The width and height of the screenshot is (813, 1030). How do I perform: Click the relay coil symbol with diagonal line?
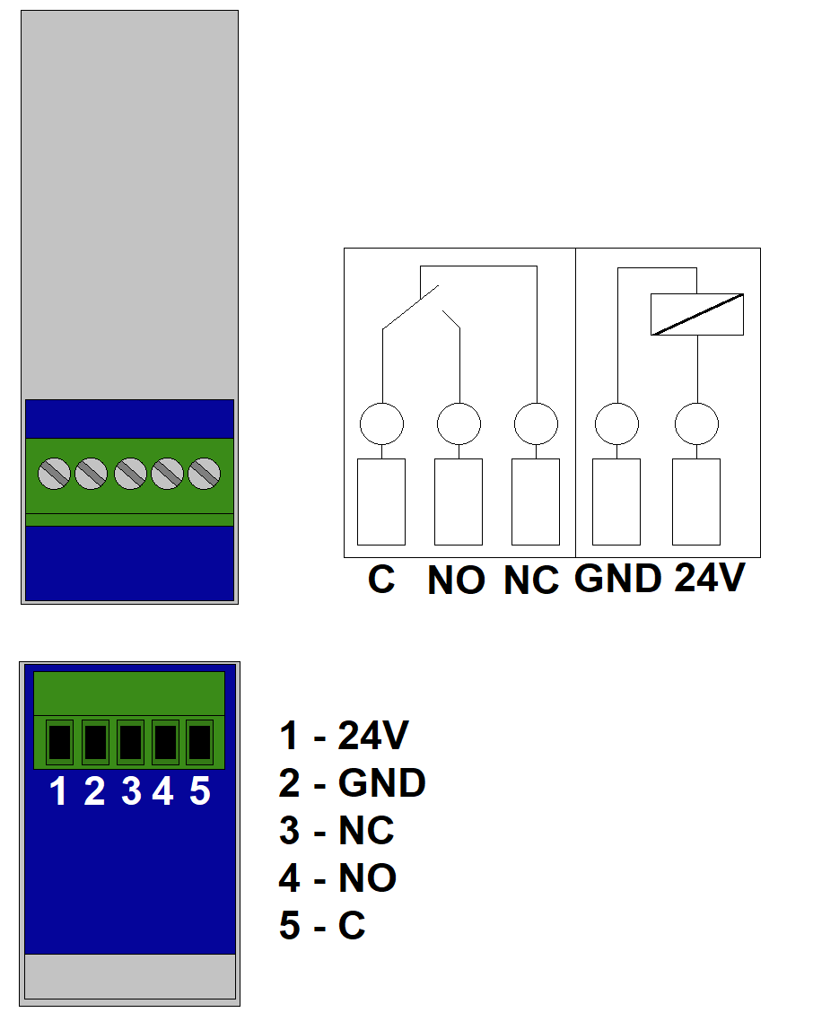coord(697,315)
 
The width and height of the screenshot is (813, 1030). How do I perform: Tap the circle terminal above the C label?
coord(381,423)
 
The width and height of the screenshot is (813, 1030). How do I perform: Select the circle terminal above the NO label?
coord(459,423)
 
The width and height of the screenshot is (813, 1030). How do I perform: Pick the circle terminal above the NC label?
coord(536,423)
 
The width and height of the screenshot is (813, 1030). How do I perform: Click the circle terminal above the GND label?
coord(617,423)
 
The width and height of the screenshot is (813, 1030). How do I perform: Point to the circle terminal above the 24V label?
coord(696,423)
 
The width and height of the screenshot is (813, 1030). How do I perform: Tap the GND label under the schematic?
coord(618,579)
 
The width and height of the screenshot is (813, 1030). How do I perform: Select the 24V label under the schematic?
coord(709,579)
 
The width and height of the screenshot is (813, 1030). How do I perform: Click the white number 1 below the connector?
coord(59,792)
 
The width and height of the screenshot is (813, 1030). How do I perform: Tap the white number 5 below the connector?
coord(200,792)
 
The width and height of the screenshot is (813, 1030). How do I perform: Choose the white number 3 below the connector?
coord(131,792)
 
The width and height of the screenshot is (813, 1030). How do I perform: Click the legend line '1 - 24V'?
coord(344,737)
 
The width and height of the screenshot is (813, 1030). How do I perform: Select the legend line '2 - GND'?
coord(352,783)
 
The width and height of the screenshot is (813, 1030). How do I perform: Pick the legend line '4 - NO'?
coord(337,878)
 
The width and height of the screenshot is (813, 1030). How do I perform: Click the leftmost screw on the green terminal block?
coord(56,473)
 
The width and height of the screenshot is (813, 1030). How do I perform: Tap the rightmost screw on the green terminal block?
coord(205,473)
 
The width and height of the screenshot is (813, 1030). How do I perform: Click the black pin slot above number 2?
coord(95,742)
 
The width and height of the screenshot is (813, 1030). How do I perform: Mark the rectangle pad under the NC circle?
coord(536,502)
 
